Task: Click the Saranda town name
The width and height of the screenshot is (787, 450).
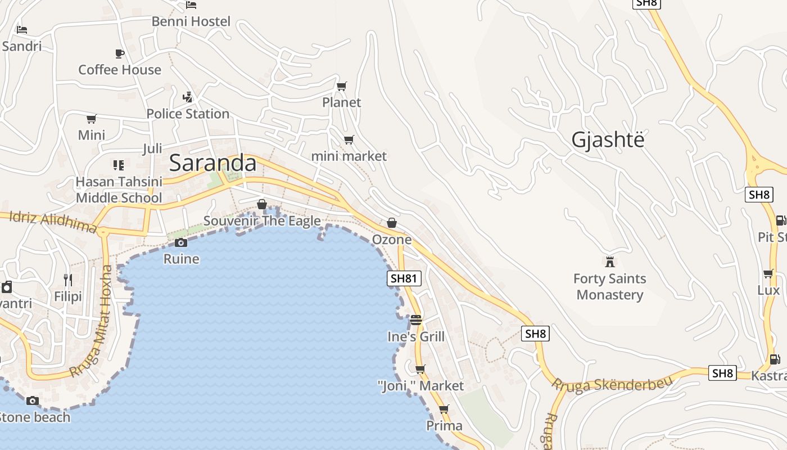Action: point(212,163)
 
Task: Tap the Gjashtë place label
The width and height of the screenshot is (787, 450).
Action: point(608,139)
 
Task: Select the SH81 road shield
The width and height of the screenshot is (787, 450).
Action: point(404,278)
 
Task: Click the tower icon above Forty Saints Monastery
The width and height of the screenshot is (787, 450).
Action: point(610,262)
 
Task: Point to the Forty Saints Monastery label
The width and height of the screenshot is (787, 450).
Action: point(610,286)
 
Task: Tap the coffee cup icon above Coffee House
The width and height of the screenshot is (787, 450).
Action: point(120,53)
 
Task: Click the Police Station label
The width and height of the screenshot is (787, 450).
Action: point(188,114)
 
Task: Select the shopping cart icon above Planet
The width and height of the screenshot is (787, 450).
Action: point(341,86)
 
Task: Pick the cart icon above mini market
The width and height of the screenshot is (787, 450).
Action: point(349,139)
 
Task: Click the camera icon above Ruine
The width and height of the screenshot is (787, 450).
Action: point(181,243)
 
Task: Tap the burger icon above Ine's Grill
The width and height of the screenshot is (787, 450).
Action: point(416,320)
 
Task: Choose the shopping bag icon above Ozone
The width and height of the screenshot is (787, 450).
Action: point(392,223)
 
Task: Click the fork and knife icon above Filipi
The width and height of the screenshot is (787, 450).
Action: point(68,280)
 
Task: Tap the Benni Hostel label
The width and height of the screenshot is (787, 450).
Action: point(191,21)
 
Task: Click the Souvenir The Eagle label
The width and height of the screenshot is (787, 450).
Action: point(262,221)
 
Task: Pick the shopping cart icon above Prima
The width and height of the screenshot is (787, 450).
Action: point(444,409)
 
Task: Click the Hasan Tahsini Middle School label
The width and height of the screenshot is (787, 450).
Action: point(119,190)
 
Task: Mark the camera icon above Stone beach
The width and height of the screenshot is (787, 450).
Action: point(33,400)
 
